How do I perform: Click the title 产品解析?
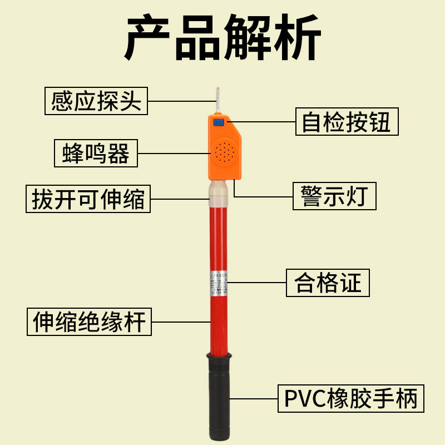pos(222,38)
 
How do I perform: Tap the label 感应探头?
pos(96,101)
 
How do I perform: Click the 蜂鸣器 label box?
pos(96,153)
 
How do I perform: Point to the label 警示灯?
pos(334,196)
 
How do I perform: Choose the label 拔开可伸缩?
pos(88,199)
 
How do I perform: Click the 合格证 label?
pos(328,283)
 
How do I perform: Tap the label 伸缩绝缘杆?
pos(90,322)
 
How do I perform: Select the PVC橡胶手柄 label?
pos(350,399)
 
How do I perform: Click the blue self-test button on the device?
pos(219,122)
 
